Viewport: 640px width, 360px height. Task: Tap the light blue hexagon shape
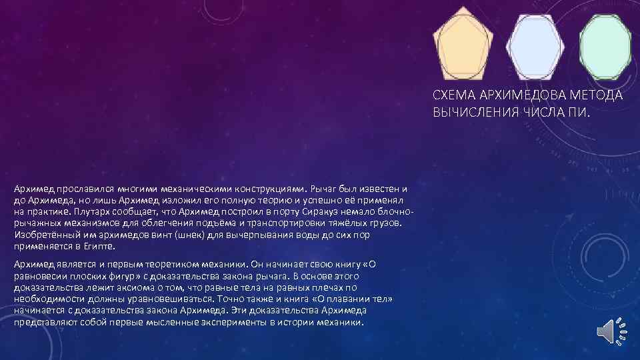tap(535, 45)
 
